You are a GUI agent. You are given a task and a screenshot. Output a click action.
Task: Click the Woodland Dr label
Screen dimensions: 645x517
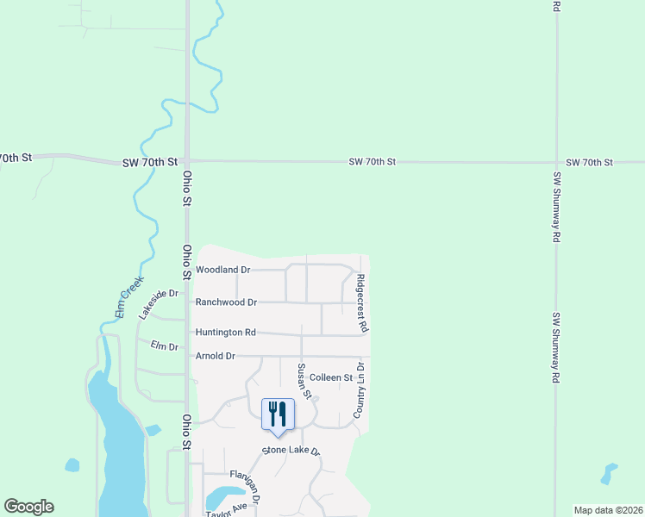point(222,270)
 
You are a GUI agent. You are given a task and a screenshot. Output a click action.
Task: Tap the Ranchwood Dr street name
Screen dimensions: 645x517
point(226,302)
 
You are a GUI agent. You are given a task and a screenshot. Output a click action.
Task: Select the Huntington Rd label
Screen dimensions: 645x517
point(226,332)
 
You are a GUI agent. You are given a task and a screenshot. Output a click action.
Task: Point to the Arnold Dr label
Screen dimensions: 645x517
point(215,356)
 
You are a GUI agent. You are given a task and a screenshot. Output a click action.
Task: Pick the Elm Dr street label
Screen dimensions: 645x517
point(163,346)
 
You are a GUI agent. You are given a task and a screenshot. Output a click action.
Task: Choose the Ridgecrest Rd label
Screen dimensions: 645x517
point(362,303)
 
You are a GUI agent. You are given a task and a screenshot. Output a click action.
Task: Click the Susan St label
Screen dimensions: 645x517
point(303,379)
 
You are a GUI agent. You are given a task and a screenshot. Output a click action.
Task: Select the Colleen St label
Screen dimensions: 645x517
point(331,377)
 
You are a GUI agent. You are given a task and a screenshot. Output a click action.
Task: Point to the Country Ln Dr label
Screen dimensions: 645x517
point(360,392)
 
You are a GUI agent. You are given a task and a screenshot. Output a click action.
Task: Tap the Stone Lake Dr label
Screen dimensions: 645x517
point(291,452)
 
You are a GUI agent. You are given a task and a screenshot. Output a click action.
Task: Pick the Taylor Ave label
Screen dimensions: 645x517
point(226,508)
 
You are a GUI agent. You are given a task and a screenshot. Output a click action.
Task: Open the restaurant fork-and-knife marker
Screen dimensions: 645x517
point(278,414)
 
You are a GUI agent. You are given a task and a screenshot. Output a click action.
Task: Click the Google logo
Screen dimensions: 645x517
point(28,507)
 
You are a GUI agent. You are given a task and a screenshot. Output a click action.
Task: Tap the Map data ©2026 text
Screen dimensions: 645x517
point(607,510)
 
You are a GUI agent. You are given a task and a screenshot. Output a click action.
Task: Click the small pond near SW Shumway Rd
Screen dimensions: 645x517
point(610,472)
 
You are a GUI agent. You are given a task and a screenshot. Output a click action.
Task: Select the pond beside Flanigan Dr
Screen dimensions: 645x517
point(221,497)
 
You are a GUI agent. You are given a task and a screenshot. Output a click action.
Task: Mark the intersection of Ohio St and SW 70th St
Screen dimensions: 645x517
point(186,160)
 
